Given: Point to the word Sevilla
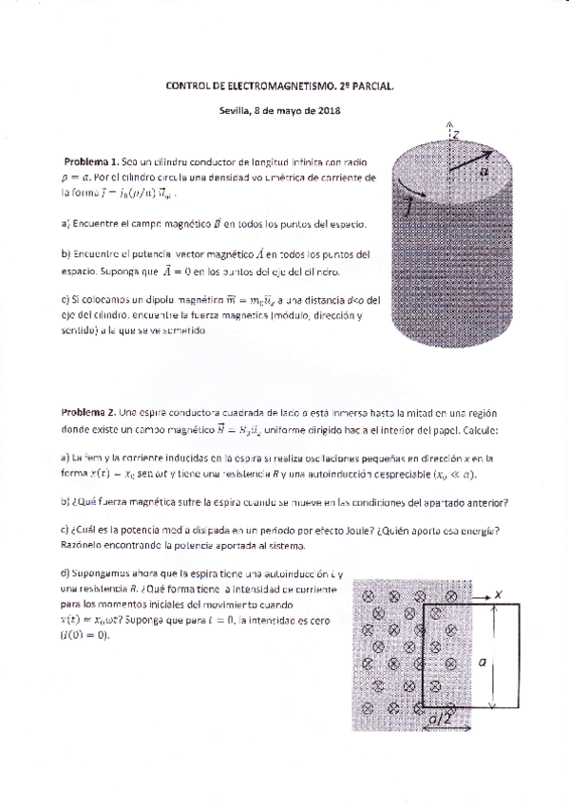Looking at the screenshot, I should click(233, 111).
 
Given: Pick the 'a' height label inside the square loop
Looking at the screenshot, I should click(483, 665).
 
